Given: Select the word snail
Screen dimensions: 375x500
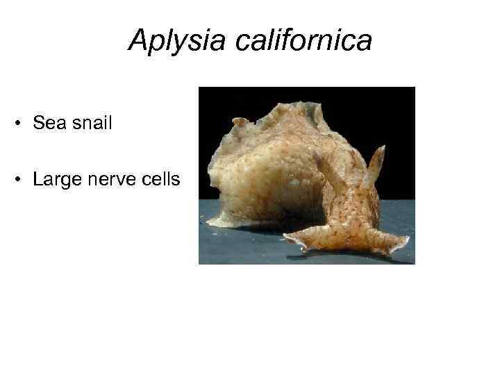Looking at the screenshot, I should point(90,124).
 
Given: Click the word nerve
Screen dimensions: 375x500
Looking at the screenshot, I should point(110,181).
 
